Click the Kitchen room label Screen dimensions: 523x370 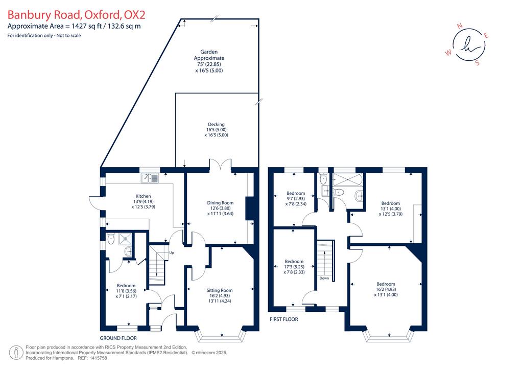pos(143,196)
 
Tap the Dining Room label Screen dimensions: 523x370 pos(220,203)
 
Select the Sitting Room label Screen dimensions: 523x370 pos(220,290)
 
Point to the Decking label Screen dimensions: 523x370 pos(216,125)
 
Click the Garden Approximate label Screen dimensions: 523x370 pos(209,55)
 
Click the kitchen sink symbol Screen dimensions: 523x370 pos(150,178)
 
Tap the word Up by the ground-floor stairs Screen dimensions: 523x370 pos(172,252)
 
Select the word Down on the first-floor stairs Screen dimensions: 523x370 pos(324,278)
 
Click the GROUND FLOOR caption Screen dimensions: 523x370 pos(118,338)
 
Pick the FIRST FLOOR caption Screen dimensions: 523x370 pos(284,319)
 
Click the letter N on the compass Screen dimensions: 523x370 pos(460,26)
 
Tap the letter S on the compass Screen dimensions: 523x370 pos(478,63)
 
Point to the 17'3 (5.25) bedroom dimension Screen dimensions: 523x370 pos(294,267)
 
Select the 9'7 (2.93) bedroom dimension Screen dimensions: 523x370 pos(295,198)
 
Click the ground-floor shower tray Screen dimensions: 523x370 pos(125,239)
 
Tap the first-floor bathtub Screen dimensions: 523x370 pos(348,180)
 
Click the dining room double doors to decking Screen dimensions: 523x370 pos(221,164)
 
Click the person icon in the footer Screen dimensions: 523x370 pos(16,353)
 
